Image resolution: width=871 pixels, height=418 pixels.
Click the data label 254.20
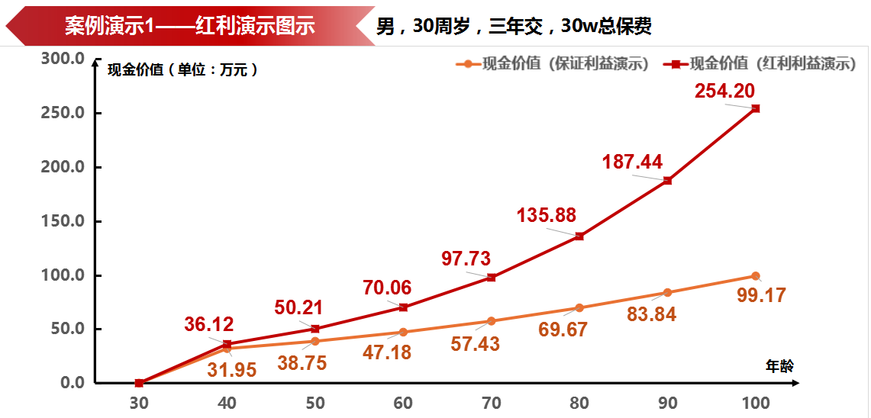[724, 91]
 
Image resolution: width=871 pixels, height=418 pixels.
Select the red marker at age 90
[667, 181]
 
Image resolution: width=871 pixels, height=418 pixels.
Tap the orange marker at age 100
[755, 276]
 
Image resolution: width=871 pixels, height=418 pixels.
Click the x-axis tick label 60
[403, 403]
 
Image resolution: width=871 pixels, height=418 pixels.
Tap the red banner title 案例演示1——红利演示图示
[189, 26]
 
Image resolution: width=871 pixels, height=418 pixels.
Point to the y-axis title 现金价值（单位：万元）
[182, 69]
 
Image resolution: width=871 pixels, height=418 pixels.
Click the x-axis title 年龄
[779, 366]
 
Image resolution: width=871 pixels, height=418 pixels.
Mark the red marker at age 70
[491, 278]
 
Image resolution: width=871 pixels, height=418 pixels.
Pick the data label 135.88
[547, 215]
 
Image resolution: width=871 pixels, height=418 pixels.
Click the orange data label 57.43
[475, 344]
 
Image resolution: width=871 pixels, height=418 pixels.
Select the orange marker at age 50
[315, 341]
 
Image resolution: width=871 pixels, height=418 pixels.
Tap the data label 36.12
[208, 324]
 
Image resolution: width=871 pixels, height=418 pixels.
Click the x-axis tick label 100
[755, 403]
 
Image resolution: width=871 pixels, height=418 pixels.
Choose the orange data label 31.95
[231, 371]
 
